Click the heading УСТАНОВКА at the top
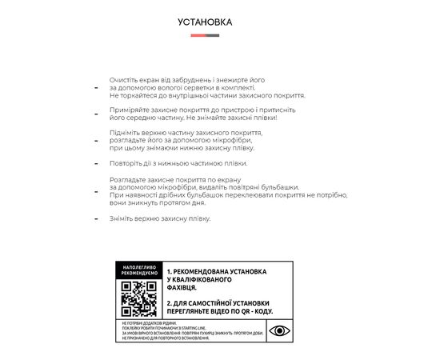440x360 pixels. coord(205,22)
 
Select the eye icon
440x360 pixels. coord(279,330)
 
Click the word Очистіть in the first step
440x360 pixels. coord(124,81)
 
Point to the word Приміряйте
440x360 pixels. coord(129,109)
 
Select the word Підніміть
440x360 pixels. coord(126,132)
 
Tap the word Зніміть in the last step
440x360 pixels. coord(123,218)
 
